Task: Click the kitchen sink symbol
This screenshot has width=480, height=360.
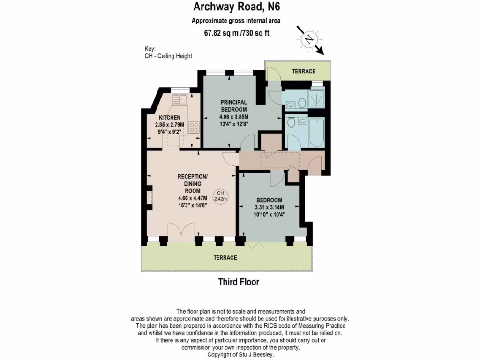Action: (180, 99)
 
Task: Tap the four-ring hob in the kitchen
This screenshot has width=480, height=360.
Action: (194, 127)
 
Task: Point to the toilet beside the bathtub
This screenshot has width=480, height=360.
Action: (291, 122)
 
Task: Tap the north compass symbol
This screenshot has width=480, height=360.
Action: (309, 39)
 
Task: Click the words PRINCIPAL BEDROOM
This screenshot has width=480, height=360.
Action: (234, 105)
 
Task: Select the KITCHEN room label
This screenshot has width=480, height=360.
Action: (169, 117)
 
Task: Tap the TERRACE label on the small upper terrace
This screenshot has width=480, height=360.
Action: (304, 71)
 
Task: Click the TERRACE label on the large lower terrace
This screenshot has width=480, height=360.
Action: (225, 258)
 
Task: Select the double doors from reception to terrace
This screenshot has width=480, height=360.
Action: (180, 232)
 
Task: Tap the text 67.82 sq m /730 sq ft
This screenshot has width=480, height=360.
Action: (236, 33)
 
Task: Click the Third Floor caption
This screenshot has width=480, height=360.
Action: (239, 282)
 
